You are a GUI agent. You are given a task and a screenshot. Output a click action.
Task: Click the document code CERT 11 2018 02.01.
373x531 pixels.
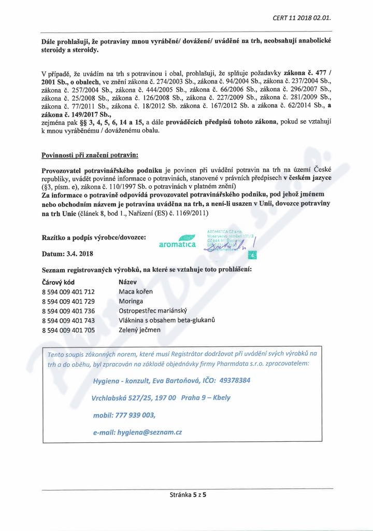tap(301, 18)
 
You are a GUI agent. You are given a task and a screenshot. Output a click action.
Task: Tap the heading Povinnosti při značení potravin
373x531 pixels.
tap(90, 155)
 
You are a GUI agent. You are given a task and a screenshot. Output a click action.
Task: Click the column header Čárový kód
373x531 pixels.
tap(58, 282)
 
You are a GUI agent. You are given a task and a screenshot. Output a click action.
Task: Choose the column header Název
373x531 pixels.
tap(127, 282)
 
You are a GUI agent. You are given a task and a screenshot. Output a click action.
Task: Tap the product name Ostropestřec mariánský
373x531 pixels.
tap(152, 311)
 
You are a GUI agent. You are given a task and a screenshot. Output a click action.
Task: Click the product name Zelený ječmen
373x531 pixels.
tap(139, 330)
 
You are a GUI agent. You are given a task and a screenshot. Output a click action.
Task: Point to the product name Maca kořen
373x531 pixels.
tap(136, 291)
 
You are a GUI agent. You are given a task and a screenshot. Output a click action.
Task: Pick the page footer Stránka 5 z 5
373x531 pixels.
tap(188, 495)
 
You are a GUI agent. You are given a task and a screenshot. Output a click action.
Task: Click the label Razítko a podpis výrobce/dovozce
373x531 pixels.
tap(93, 237)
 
